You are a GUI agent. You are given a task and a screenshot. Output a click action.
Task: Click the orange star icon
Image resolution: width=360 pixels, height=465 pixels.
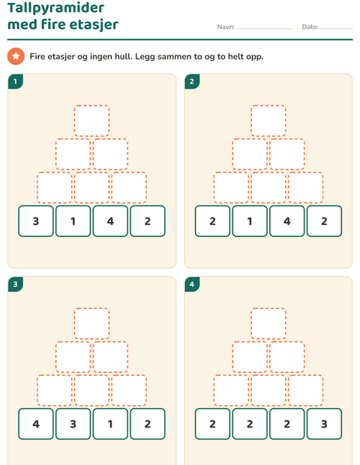click(x=16, y=56)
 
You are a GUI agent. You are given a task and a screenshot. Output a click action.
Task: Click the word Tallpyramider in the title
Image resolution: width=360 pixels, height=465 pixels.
click(x=55, y=8)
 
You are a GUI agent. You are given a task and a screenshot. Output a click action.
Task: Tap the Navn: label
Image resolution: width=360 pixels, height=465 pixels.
click(x=226, y=27)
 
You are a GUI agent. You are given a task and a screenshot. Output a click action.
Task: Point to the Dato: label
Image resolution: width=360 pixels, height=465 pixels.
click(x=310, y=27)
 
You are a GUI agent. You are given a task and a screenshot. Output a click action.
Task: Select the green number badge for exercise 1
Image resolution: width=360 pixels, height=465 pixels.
click(x=16, y=82)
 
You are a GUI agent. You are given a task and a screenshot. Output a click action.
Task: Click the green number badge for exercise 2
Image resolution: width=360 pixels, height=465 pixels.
click(x=192, y=82)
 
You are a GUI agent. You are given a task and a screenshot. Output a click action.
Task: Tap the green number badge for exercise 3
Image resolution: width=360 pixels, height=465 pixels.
click(x=16, y=284)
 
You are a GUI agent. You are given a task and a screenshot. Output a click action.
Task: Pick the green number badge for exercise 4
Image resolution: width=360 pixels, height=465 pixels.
click(x=192, y=284)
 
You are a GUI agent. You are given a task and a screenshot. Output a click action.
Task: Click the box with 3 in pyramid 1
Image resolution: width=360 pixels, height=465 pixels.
click(x=36, y=221)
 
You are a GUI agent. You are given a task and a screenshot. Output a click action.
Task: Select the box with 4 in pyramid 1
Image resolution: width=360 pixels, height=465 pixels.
click(x=110, y=221)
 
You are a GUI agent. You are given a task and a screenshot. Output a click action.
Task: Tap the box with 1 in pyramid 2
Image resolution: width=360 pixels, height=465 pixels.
click(x=250, y=221)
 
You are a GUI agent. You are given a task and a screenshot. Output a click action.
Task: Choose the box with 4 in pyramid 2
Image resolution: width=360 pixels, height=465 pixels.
click(x=287, y=221)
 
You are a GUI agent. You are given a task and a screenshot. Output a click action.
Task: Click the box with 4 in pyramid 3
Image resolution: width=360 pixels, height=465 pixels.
click(x=36, y=424)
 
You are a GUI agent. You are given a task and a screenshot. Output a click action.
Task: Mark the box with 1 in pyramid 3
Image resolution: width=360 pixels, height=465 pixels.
click(x=110, y=424)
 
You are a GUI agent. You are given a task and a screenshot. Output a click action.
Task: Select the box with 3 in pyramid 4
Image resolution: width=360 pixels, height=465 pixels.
click(x=324, y=424)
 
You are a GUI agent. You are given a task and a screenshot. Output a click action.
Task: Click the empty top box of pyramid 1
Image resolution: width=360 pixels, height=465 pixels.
click(x=91, y=121)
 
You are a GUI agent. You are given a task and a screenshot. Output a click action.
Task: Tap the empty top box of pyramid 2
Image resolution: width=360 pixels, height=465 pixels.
click(x=268, y=121)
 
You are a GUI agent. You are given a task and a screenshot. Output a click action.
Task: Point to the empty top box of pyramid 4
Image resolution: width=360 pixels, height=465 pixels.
click(x=268, y=323)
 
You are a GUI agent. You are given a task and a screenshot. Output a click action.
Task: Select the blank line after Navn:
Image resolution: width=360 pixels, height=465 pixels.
click(x=265, y=29)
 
